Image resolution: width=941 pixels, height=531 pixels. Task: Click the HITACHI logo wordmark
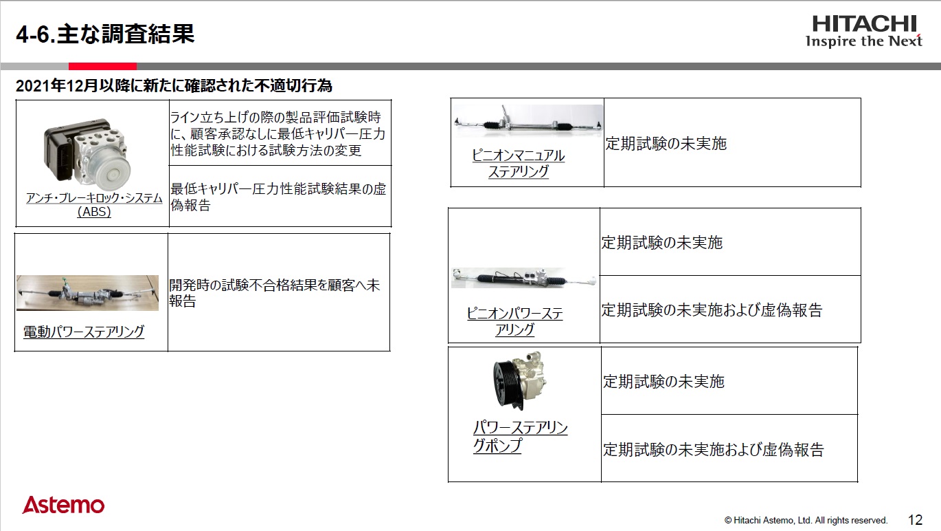[864, 24]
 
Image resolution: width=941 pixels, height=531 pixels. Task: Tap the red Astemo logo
[63, 506]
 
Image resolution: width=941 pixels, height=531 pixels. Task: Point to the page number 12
[915, 520]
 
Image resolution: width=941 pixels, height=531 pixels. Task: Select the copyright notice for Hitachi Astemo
[806, 521]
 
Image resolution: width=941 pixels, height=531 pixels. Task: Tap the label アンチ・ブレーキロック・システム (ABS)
[94, 205]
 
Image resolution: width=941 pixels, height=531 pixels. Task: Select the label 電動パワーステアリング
[84, 332]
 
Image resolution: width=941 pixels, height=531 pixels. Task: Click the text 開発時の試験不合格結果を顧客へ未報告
[274, 293]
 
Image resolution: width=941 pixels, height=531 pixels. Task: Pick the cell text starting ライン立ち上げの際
[277, 133]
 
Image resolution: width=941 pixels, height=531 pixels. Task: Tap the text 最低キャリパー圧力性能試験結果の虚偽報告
[278, 197]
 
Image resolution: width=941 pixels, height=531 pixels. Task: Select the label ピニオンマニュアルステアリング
[519, 164]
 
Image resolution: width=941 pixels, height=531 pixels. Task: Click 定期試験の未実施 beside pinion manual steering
[666, 144]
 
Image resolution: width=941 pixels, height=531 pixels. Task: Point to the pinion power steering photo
[524, 277]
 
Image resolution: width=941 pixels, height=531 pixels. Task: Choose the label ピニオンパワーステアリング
[515, 321]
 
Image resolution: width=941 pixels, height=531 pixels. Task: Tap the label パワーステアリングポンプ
[520, 437]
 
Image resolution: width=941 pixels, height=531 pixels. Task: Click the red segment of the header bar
[102, 67]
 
